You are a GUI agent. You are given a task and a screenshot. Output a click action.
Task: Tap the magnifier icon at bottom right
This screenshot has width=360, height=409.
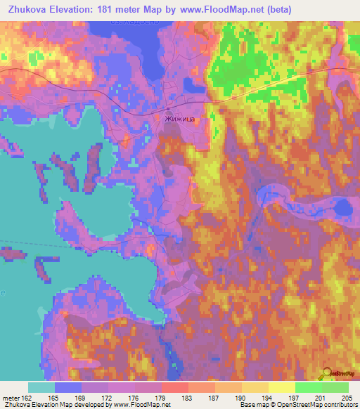326,374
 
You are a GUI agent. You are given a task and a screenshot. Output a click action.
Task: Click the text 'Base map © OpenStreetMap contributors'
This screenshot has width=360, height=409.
297,405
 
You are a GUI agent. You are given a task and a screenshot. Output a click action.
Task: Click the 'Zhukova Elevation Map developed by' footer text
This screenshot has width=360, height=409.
59,405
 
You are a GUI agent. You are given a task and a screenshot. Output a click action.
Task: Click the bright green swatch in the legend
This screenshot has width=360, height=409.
309,387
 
